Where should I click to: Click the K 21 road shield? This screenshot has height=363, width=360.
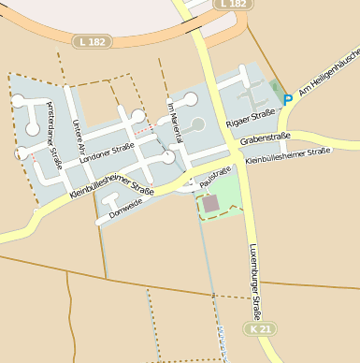click(261, 329)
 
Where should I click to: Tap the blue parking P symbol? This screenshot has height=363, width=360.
click(288, 99)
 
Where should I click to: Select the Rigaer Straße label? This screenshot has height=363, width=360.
click(248, 121)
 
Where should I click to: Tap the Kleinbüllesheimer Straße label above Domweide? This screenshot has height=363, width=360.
click(111, 181)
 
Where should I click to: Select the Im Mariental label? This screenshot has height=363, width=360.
click(174, 120)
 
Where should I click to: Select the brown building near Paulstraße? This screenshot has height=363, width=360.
click(209, 203)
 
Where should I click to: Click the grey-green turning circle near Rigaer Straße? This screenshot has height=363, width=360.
click(197, 123)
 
